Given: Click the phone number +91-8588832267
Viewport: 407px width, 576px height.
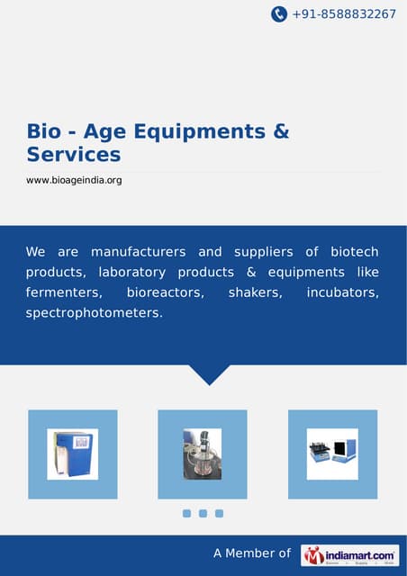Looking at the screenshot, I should pos(344,14).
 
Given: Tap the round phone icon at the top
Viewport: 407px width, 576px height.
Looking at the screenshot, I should pos(279,14).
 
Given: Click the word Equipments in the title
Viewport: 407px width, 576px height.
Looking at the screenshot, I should pos(199,131).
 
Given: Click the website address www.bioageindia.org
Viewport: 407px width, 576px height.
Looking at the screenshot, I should pos(73,181).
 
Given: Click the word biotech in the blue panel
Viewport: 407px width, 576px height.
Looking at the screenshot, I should pos(354,251).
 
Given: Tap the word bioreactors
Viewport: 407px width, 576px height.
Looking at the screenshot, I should pos(166,292).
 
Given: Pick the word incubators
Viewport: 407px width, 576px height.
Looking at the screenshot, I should pos(342,292).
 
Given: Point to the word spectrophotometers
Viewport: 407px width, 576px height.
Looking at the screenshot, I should pos(94,314).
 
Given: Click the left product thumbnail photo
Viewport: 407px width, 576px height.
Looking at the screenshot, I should pos(73,454).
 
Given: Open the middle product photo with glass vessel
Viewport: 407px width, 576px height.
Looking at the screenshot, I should pos(203,454).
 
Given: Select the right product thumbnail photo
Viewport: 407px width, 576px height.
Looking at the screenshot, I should pos(332,454).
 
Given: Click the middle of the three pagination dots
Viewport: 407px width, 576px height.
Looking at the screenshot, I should pos(203,514).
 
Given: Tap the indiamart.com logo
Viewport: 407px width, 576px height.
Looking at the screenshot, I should pos(350,555).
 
